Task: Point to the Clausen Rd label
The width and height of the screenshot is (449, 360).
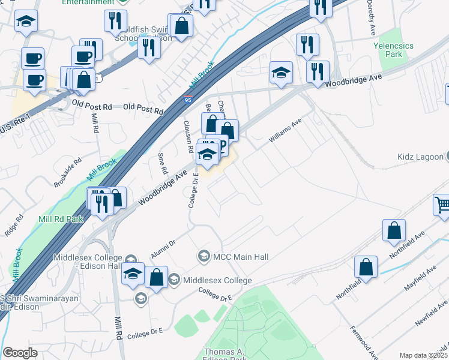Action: (x=188, y=136)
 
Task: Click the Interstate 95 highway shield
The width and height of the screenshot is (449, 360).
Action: (x=188, y=103)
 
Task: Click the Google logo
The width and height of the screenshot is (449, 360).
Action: (x=20, y=353)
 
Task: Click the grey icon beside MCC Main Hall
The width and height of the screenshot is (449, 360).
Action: (x=203, y=257)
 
